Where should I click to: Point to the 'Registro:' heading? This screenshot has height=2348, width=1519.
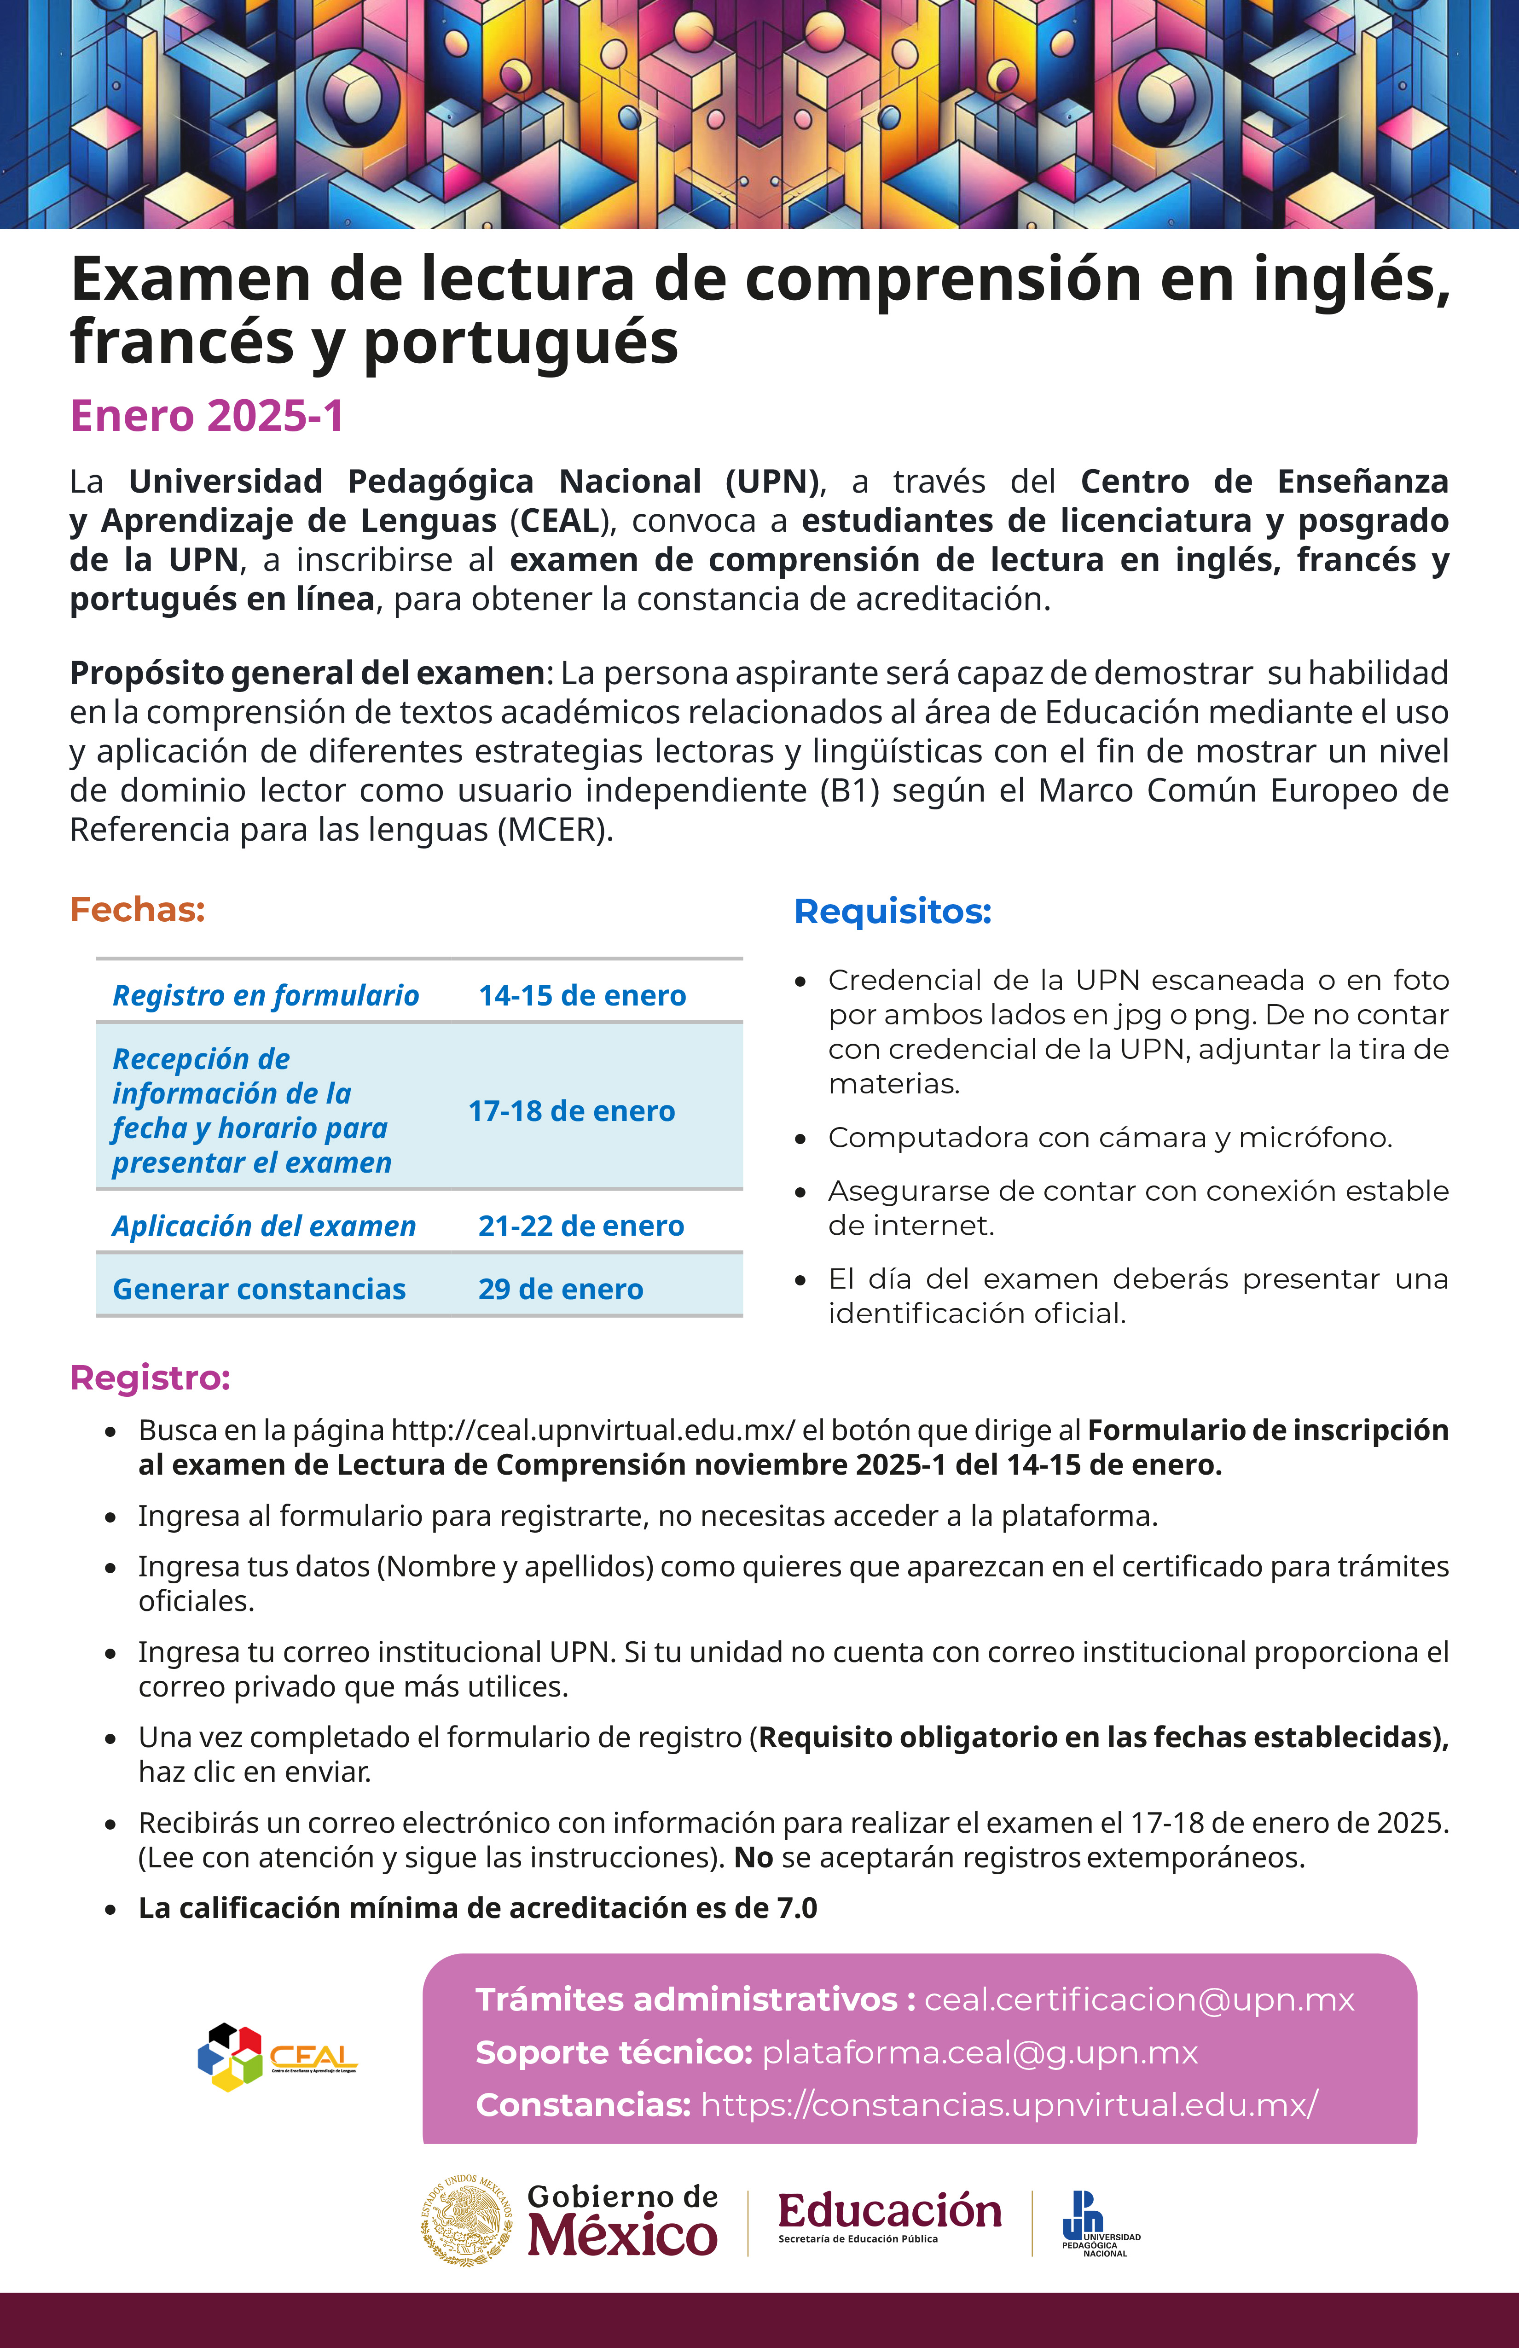pyautogui.click(x=150, y=1377)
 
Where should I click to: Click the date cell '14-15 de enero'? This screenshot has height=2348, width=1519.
pyautogui.click(x=582, y=995)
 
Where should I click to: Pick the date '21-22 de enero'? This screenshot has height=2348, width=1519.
pyautogui.click(x=581, y=1225)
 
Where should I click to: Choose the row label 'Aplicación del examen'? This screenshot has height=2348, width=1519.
pyautogui.click(x=264, y=1225)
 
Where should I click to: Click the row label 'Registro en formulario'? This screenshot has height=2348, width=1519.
pyautogui.click(x=265, y=995)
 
